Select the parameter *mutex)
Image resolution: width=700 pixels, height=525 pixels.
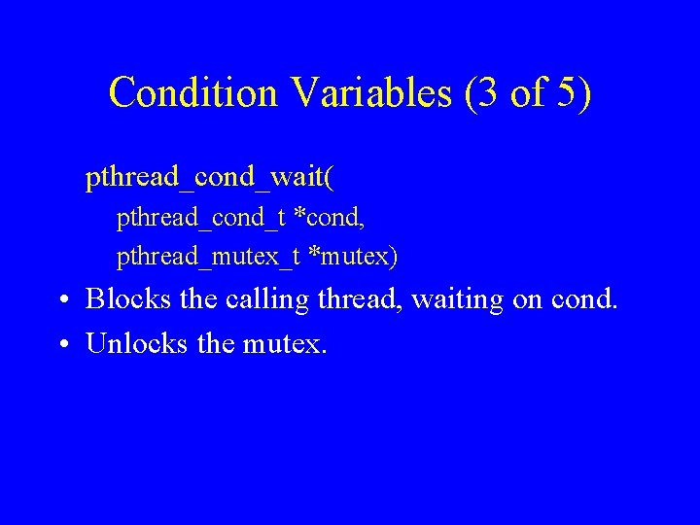click(x=351, y=257)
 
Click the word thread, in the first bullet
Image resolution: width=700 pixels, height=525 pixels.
click(x=359, y=299)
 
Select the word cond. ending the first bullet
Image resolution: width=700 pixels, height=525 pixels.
click(x=584, y=299)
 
